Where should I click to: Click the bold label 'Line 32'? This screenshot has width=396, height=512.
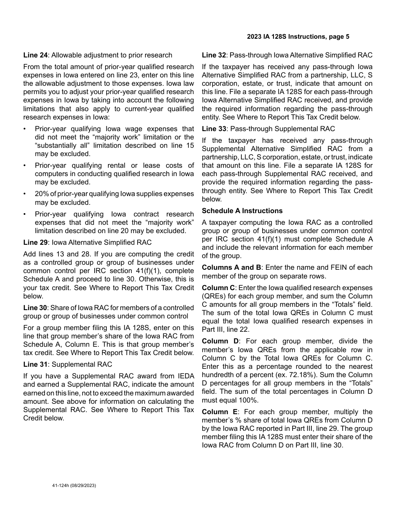[x=214, y=55]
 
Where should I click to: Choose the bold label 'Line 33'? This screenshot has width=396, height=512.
[x=214, y=129]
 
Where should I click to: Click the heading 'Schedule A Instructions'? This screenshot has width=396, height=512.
[x=242, y=211]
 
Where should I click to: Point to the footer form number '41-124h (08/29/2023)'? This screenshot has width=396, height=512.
[x=74, y=485]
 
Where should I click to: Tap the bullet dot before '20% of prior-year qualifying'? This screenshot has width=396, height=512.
[x=25, y=194]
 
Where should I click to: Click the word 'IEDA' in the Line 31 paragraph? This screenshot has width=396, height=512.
[x=185, y=376]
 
